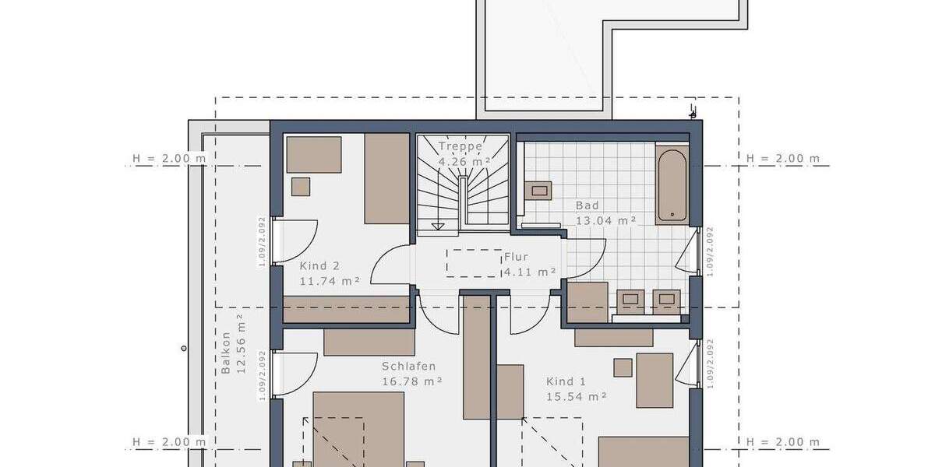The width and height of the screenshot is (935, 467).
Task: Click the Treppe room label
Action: click(460, 146)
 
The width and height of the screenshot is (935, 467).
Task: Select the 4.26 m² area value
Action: click(464, 162)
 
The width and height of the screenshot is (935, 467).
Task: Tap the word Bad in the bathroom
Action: click(587, 205)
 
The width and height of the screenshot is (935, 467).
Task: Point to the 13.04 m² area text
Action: click(605, 220)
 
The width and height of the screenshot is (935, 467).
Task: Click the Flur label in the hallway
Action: click(516, 256)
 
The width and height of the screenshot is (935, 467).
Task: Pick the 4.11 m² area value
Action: click(530, 272)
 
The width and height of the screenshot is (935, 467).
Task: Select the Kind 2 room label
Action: click(319, 265)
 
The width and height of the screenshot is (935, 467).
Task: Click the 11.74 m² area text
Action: click(330, 281)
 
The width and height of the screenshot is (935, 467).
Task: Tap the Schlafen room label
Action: click(408, 367)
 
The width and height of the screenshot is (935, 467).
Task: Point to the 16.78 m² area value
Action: click(412, 381)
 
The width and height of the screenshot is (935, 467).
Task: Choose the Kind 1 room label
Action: click(566, 381)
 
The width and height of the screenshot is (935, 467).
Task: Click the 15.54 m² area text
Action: click(577, 396)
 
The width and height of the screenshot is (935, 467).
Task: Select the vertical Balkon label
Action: click(226, 353)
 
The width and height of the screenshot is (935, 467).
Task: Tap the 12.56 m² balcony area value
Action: click(241, 344)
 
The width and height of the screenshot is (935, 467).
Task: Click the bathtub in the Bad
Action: click(671, 185)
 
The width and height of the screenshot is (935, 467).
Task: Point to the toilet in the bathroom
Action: click(538, 190)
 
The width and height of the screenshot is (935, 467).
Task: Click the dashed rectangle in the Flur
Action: click(474, 263)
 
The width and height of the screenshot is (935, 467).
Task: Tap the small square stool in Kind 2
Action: click(301, 187)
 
